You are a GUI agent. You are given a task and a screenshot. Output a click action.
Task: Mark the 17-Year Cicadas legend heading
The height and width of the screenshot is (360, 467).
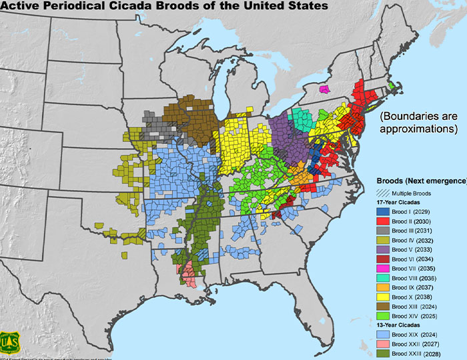pyautogui.click(x=401, y=201)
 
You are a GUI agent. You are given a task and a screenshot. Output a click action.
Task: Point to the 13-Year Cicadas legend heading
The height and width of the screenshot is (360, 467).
pyautogui.click(x=401, y=325)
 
